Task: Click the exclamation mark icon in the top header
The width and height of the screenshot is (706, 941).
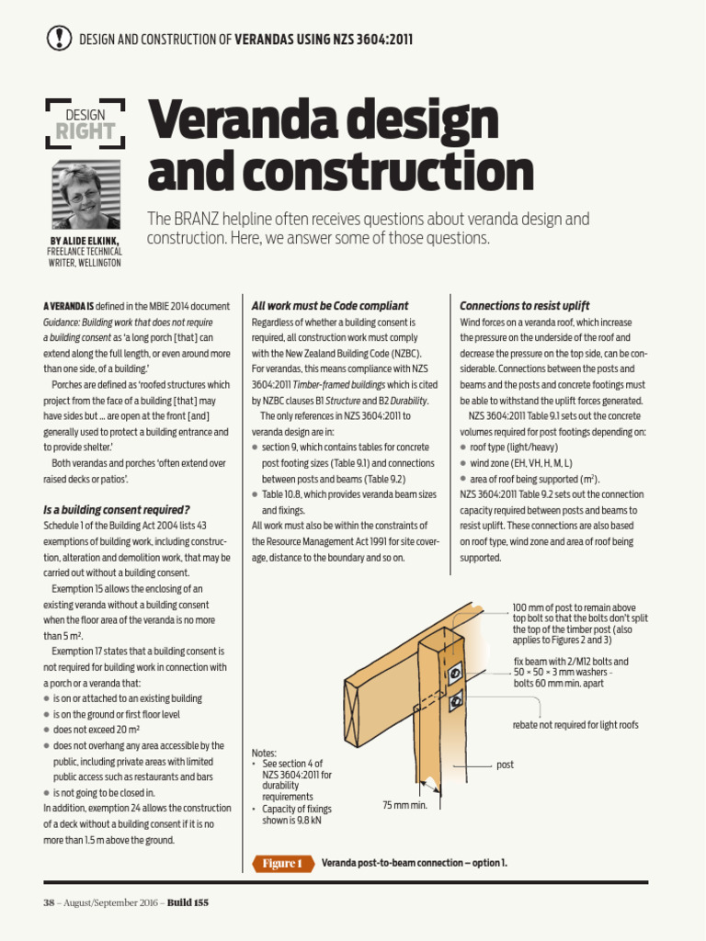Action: [x=58, y=38]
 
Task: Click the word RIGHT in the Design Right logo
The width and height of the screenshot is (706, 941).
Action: [x=85, y=131]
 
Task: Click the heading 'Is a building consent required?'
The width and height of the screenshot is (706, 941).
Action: [x=117, y=509]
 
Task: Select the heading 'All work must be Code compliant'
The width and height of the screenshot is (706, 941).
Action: [x=330, y=305]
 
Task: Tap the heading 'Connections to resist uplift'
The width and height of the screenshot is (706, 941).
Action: [x=524, y=305]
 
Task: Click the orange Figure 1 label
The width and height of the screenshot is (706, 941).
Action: [x=280, y=863]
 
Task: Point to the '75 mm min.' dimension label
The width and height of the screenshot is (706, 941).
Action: [x=405, y=805]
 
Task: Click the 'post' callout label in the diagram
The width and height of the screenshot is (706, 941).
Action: [x=505, y=765]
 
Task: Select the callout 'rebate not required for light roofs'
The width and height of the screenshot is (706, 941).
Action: [x=575, y=725]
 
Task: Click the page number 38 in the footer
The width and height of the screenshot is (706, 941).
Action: [x=50, y=902]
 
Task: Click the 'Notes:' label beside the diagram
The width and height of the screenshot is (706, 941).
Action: [x=264, y=752]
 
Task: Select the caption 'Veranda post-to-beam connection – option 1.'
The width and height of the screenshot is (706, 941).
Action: [x=414, y=863]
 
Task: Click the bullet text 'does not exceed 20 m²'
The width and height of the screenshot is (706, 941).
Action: [x=101, y=729]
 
